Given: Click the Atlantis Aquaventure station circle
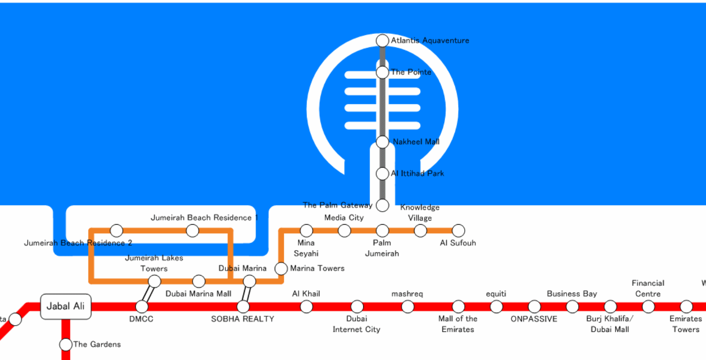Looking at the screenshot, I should [x=382, y=41].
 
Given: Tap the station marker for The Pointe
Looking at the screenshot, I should [x=382, y=72].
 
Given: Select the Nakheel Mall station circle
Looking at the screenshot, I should [x=382, y=142].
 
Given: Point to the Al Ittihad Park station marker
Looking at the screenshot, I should [x=382, y=174].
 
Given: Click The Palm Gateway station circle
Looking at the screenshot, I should [x=382, y=205].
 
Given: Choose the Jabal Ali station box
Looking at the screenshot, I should [x=66, y=306].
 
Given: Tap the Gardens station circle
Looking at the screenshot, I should [x=66, y=344].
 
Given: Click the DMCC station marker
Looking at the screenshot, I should [x=142, y=306].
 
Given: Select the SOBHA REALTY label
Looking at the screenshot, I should [x=243, y=319].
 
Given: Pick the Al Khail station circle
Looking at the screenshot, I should [x=306, y=306].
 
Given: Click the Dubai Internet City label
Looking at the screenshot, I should [x=357, y=324].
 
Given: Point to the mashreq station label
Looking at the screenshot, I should [x=407, y=294].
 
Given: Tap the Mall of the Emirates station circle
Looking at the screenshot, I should [x=458, y=306].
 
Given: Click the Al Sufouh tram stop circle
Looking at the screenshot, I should [x=458, y=230].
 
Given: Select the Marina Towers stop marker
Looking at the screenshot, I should [x=281, y=268].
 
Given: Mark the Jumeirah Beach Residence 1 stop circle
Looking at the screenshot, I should [x=192, y=230].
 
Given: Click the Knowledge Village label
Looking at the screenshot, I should [x=420, y=213].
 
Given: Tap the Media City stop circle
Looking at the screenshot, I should [x=344, y=230].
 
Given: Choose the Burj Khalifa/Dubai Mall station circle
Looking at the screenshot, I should [x=610, y=306].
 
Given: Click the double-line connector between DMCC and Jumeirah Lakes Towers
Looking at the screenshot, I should [x=148, y=294].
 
